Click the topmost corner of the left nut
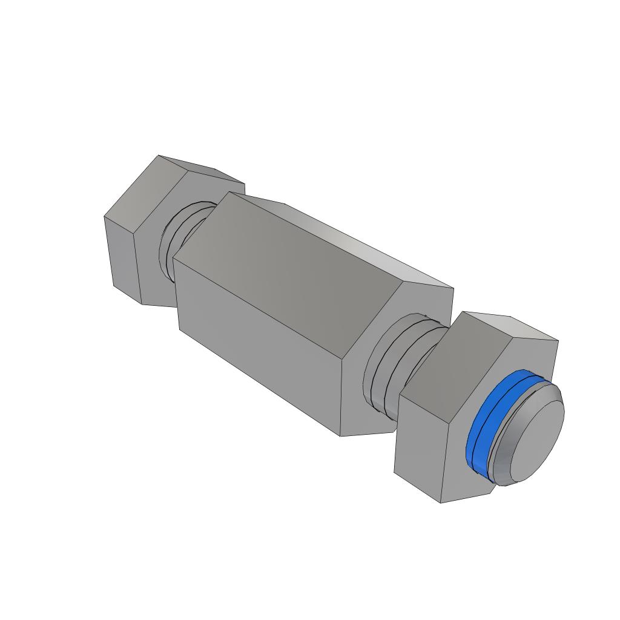pos(158,156)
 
